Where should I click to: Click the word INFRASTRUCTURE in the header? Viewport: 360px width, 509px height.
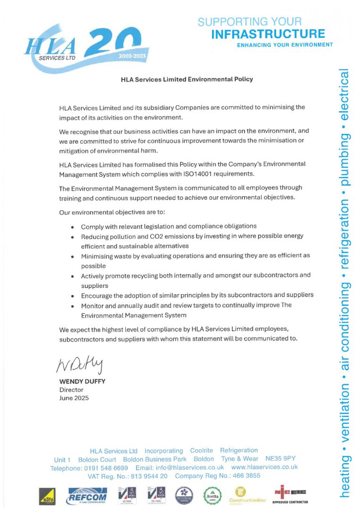[x=268, y=34]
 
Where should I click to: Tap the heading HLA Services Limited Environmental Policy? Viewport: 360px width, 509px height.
[x=187, y=79]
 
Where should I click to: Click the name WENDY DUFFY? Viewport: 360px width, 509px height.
[x=82, y=381]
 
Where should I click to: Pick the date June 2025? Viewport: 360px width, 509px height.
[x=74, y=398]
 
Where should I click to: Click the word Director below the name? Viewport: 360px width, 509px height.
[x=71, y=390]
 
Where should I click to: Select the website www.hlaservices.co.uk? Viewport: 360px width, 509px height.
[x=264, y=467]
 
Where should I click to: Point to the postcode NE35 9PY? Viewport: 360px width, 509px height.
[x=280, y=459]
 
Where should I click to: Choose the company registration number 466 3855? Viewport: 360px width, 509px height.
[x=243, y=476]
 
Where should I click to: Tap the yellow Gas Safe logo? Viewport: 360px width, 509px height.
[x=47, y=496]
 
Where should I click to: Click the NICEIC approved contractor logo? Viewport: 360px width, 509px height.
[x=291, y=494]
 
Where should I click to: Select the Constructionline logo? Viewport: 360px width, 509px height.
[x=247, y=495]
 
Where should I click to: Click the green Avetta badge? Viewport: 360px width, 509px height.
[x=213, y=496]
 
